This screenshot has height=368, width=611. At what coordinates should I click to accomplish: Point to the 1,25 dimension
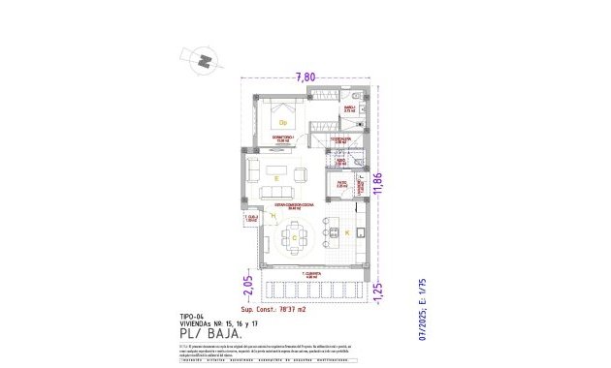(379, 288)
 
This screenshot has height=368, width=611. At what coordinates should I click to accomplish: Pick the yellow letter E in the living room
(277, 179)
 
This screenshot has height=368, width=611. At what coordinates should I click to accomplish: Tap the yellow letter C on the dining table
(294, 236)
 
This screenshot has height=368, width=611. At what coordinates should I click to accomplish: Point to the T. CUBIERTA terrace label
(310, 275)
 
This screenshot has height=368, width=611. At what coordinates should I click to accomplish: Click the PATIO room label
(341, 182)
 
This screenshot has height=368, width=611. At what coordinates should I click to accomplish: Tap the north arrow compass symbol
(204, 59)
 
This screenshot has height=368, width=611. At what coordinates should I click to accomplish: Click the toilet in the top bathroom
(357, 97)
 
